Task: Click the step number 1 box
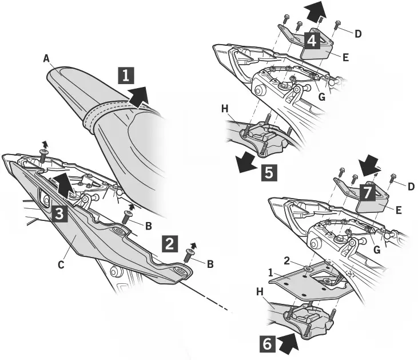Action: click(x=127, y=76)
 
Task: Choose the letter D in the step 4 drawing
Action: click(x=359, y=34)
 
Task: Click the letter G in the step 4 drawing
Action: click(x=322, y=97)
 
